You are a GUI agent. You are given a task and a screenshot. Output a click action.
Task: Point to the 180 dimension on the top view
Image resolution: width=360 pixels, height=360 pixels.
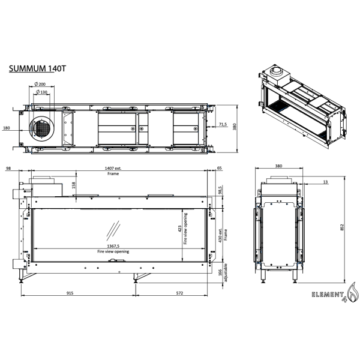click(x=7, y=128)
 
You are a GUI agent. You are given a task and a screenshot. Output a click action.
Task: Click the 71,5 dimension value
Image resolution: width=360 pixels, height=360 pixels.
click(x=223, y=125)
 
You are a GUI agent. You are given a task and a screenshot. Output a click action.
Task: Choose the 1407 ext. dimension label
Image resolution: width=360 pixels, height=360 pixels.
click(x=113, y=169)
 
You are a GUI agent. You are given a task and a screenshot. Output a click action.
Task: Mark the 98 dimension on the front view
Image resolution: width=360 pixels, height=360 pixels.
click(x=8, y=169)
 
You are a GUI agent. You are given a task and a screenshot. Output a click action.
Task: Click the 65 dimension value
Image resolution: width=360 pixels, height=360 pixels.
click(x=219, y=169)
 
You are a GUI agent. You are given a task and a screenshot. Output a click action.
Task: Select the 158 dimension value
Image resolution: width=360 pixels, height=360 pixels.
click(x=74, y=185)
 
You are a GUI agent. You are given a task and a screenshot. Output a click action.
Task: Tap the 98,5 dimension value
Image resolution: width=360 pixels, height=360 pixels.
click(x=220, y=190)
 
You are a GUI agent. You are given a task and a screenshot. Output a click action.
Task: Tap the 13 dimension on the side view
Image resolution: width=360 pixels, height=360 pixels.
click(x=325, y=181)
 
